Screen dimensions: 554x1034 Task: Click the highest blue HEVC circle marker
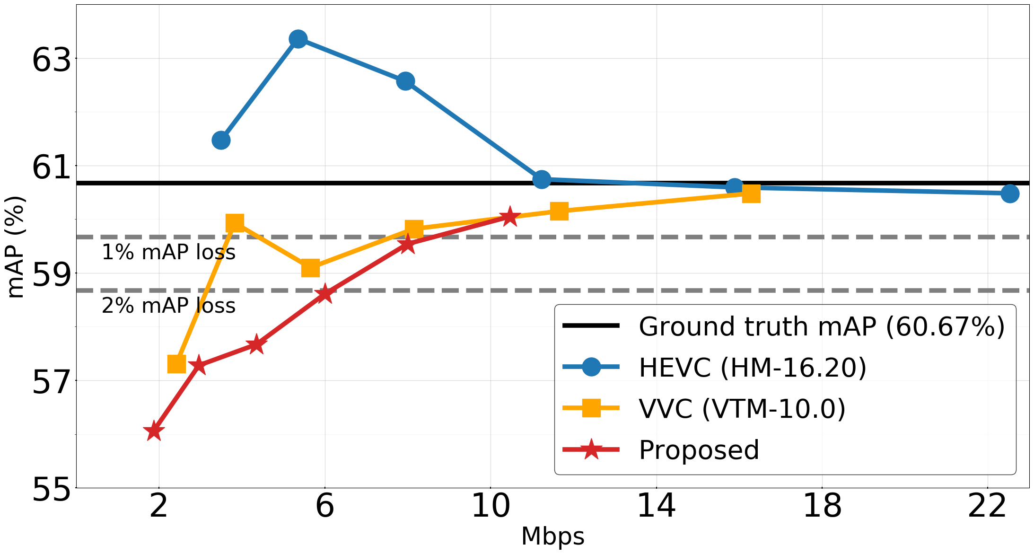[x=298, y=39]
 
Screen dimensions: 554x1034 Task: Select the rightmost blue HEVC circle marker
[x=1010, y=193]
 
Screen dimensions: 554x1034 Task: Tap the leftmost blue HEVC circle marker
[x=221, y=140]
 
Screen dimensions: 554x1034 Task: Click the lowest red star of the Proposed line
[x=154, y=431]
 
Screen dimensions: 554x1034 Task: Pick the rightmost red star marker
[x=509, y=217]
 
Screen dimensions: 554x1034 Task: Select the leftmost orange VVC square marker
[x=176, y=364]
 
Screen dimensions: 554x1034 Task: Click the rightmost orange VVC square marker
[x=751, y=193]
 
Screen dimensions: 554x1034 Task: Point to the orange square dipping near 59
[x=310, y=268]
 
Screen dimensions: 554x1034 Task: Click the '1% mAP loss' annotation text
[x=168, y=252]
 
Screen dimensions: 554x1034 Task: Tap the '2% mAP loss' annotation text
[x=168, y=306]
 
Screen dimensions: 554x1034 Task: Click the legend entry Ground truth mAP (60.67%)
[x=821, y=326]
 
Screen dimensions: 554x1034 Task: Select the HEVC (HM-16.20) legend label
[x=752, y=367]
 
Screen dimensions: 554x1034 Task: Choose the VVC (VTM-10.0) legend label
[x=742, y=408]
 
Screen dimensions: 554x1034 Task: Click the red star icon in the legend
[x=591, y=449]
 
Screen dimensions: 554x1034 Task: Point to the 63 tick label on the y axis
[x=51, y=61]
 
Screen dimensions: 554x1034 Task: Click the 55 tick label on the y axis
[x=51, y=490]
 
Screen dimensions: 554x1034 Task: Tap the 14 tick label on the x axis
[x=656, y=506]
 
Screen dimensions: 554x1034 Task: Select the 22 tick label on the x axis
[x=987, y=506]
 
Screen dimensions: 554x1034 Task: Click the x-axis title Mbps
[x=552, y=536]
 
